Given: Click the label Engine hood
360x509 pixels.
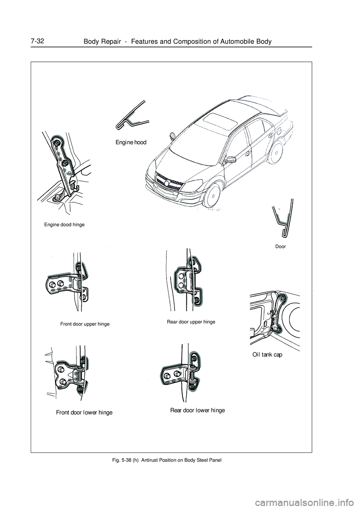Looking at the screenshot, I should [x=130, y=142].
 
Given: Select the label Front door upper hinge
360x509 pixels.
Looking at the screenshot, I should [x=85, y=324].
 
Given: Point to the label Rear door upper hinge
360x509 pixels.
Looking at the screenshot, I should [x=191, y=322].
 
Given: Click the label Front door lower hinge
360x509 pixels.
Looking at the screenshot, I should [x=84, y=413].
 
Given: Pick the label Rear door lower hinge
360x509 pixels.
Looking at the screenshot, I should [x=198, y=410].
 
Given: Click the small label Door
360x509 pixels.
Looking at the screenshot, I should [x=280, y=247].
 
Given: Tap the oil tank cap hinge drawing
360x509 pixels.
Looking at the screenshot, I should [x=277, y=313].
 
